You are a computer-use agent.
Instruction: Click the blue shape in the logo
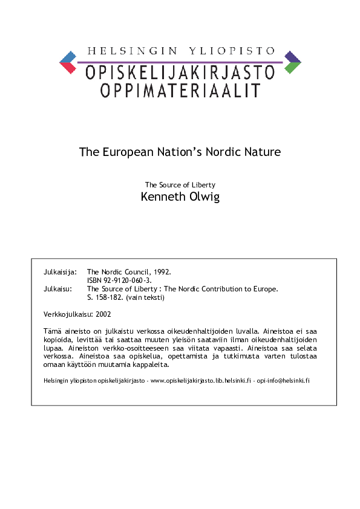coord(68,57)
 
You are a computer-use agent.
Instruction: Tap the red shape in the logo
coord(68,68)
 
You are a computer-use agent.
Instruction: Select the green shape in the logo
coord(292,68)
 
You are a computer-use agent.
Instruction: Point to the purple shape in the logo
coord(292,57)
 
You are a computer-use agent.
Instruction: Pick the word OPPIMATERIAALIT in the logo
coord(180,91)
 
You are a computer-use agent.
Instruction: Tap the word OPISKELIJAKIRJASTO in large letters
coord(180,73)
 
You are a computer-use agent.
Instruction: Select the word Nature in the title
coord(261,152)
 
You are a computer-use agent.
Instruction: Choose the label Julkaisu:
coord(58,289)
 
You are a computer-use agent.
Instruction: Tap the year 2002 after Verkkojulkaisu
coord(103,314)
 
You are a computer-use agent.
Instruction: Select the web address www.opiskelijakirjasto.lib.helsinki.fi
coord(200,381)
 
